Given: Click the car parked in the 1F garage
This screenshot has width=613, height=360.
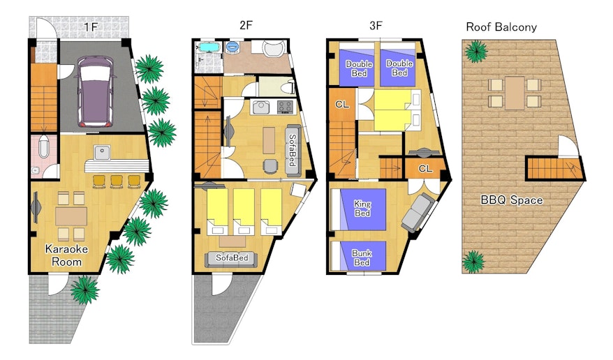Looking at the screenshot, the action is (96, 91).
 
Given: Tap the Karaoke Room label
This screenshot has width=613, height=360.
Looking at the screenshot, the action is (66, 255).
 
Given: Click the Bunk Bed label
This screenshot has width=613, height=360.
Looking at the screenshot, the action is (362, 257).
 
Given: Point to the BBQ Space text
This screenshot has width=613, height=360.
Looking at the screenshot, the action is (511, 200).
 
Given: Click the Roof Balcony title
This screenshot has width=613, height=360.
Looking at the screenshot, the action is (501, 27).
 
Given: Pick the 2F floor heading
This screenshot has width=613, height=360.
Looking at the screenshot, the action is (246, 25).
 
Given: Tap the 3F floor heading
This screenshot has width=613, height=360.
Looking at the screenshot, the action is (376, 25).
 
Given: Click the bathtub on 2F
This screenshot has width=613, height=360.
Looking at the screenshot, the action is (210, 47).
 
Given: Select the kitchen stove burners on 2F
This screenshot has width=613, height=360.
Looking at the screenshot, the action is (285, 107).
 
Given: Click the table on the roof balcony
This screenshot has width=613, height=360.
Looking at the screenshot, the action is (515, 93).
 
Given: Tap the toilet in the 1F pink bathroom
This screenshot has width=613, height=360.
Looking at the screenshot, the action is (43, 147).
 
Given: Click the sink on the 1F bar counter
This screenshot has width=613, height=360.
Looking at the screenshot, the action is (103, 152).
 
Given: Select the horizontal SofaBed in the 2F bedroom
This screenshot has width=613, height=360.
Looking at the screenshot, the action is (231, 258).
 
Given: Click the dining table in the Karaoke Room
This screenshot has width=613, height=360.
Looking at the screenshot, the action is (71, 216).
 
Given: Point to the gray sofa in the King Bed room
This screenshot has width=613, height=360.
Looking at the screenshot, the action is (418, 213).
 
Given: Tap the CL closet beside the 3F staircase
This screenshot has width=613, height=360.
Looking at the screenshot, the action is (342, 105).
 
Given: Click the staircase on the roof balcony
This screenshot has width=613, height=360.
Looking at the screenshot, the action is (554, 168).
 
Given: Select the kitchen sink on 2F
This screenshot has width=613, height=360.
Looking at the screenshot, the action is (260, 107).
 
